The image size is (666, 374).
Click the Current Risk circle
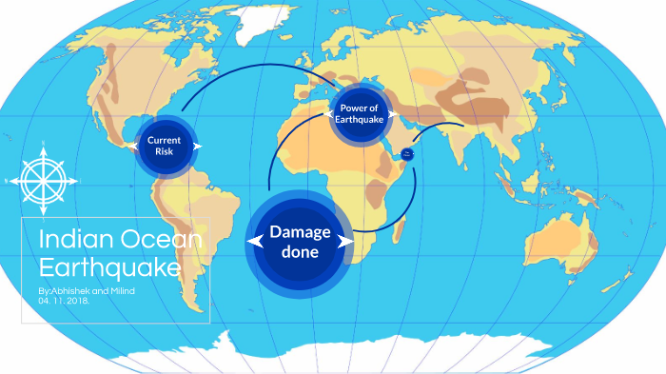tap(164, 147)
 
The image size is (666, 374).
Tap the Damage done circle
tap(300, 242)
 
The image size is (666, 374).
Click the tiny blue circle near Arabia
tap(407, 152)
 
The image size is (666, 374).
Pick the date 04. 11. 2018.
tap(66, 300)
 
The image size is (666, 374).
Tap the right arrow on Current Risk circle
tap(197, 147)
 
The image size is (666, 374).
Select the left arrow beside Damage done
tap(253, 243)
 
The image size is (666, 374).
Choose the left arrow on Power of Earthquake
tap(334, 114)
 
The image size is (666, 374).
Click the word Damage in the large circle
tap(300, 231)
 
